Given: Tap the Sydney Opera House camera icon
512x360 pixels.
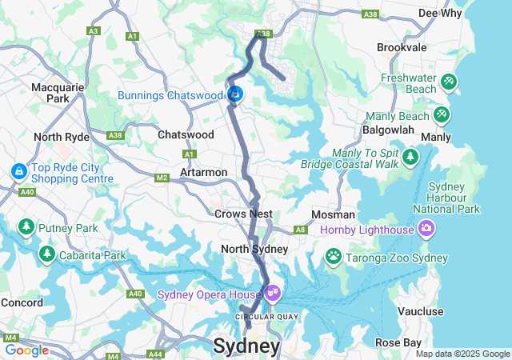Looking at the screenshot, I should (x=274, y=294).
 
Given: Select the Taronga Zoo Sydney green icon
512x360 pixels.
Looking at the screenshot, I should (x=333, y=255).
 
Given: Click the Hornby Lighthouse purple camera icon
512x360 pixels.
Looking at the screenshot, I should (x=426, y=230).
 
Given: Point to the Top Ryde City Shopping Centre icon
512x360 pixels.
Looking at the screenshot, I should (x=18, y=171).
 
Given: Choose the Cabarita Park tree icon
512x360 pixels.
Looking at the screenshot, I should (x=46, y=254).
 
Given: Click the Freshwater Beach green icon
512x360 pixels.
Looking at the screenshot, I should (x=448, y=81).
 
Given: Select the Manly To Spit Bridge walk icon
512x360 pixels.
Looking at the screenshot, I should (x=410, y=156).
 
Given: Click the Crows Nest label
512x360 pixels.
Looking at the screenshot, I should (x=243, y=214).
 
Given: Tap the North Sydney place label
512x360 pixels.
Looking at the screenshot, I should (x=254, y=249).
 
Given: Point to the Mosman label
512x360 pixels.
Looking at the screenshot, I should (x=334, y=214).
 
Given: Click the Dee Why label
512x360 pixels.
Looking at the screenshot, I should (x=440, y=13).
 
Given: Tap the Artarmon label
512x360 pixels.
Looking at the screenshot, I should (x=203, y=172).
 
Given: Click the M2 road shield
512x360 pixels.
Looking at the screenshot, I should (x=162, y=178).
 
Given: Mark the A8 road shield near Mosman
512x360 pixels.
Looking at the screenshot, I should (x=301, y=230).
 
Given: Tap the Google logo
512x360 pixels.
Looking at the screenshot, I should (x=26, y=350).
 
